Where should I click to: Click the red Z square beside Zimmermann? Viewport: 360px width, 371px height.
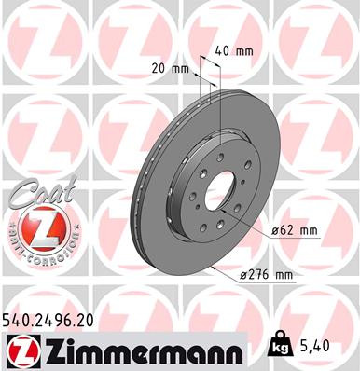pos(20,350)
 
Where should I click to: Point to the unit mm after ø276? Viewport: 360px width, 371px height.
pos(284,275)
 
